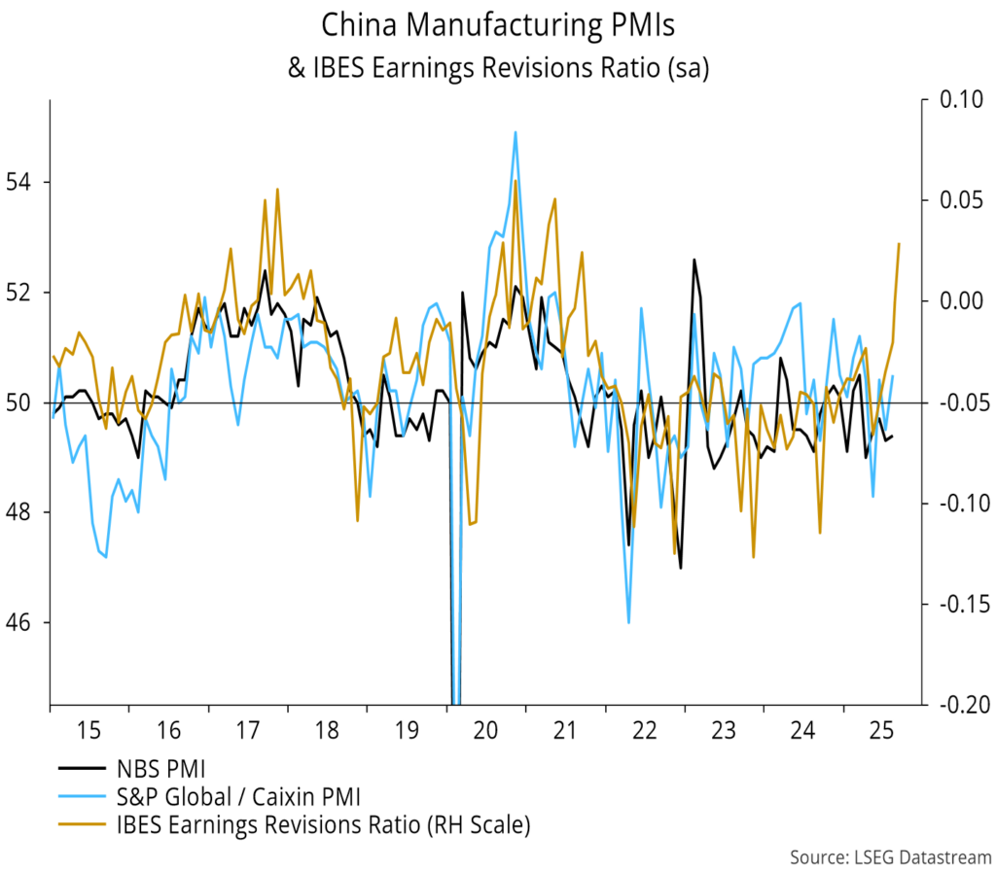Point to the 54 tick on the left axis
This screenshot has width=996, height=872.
[21, 182]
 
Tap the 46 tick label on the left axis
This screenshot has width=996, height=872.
[21, 621]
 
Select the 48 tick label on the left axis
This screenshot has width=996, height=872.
[21, 511]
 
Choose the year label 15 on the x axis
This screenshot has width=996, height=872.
[89, 728]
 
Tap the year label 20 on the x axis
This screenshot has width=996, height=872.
[485, 728]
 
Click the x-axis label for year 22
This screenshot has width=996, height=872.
[644, 728]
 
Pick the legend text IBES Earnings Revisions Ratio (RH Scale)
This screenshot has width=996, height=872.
[321, 826]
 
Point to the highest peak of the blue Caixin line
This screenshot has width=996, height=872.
[515, 132]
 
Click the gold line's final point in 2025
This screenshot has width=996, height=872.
[899, 244]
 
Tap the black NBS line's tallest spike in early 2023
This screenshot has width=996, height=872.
[694, 260]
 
